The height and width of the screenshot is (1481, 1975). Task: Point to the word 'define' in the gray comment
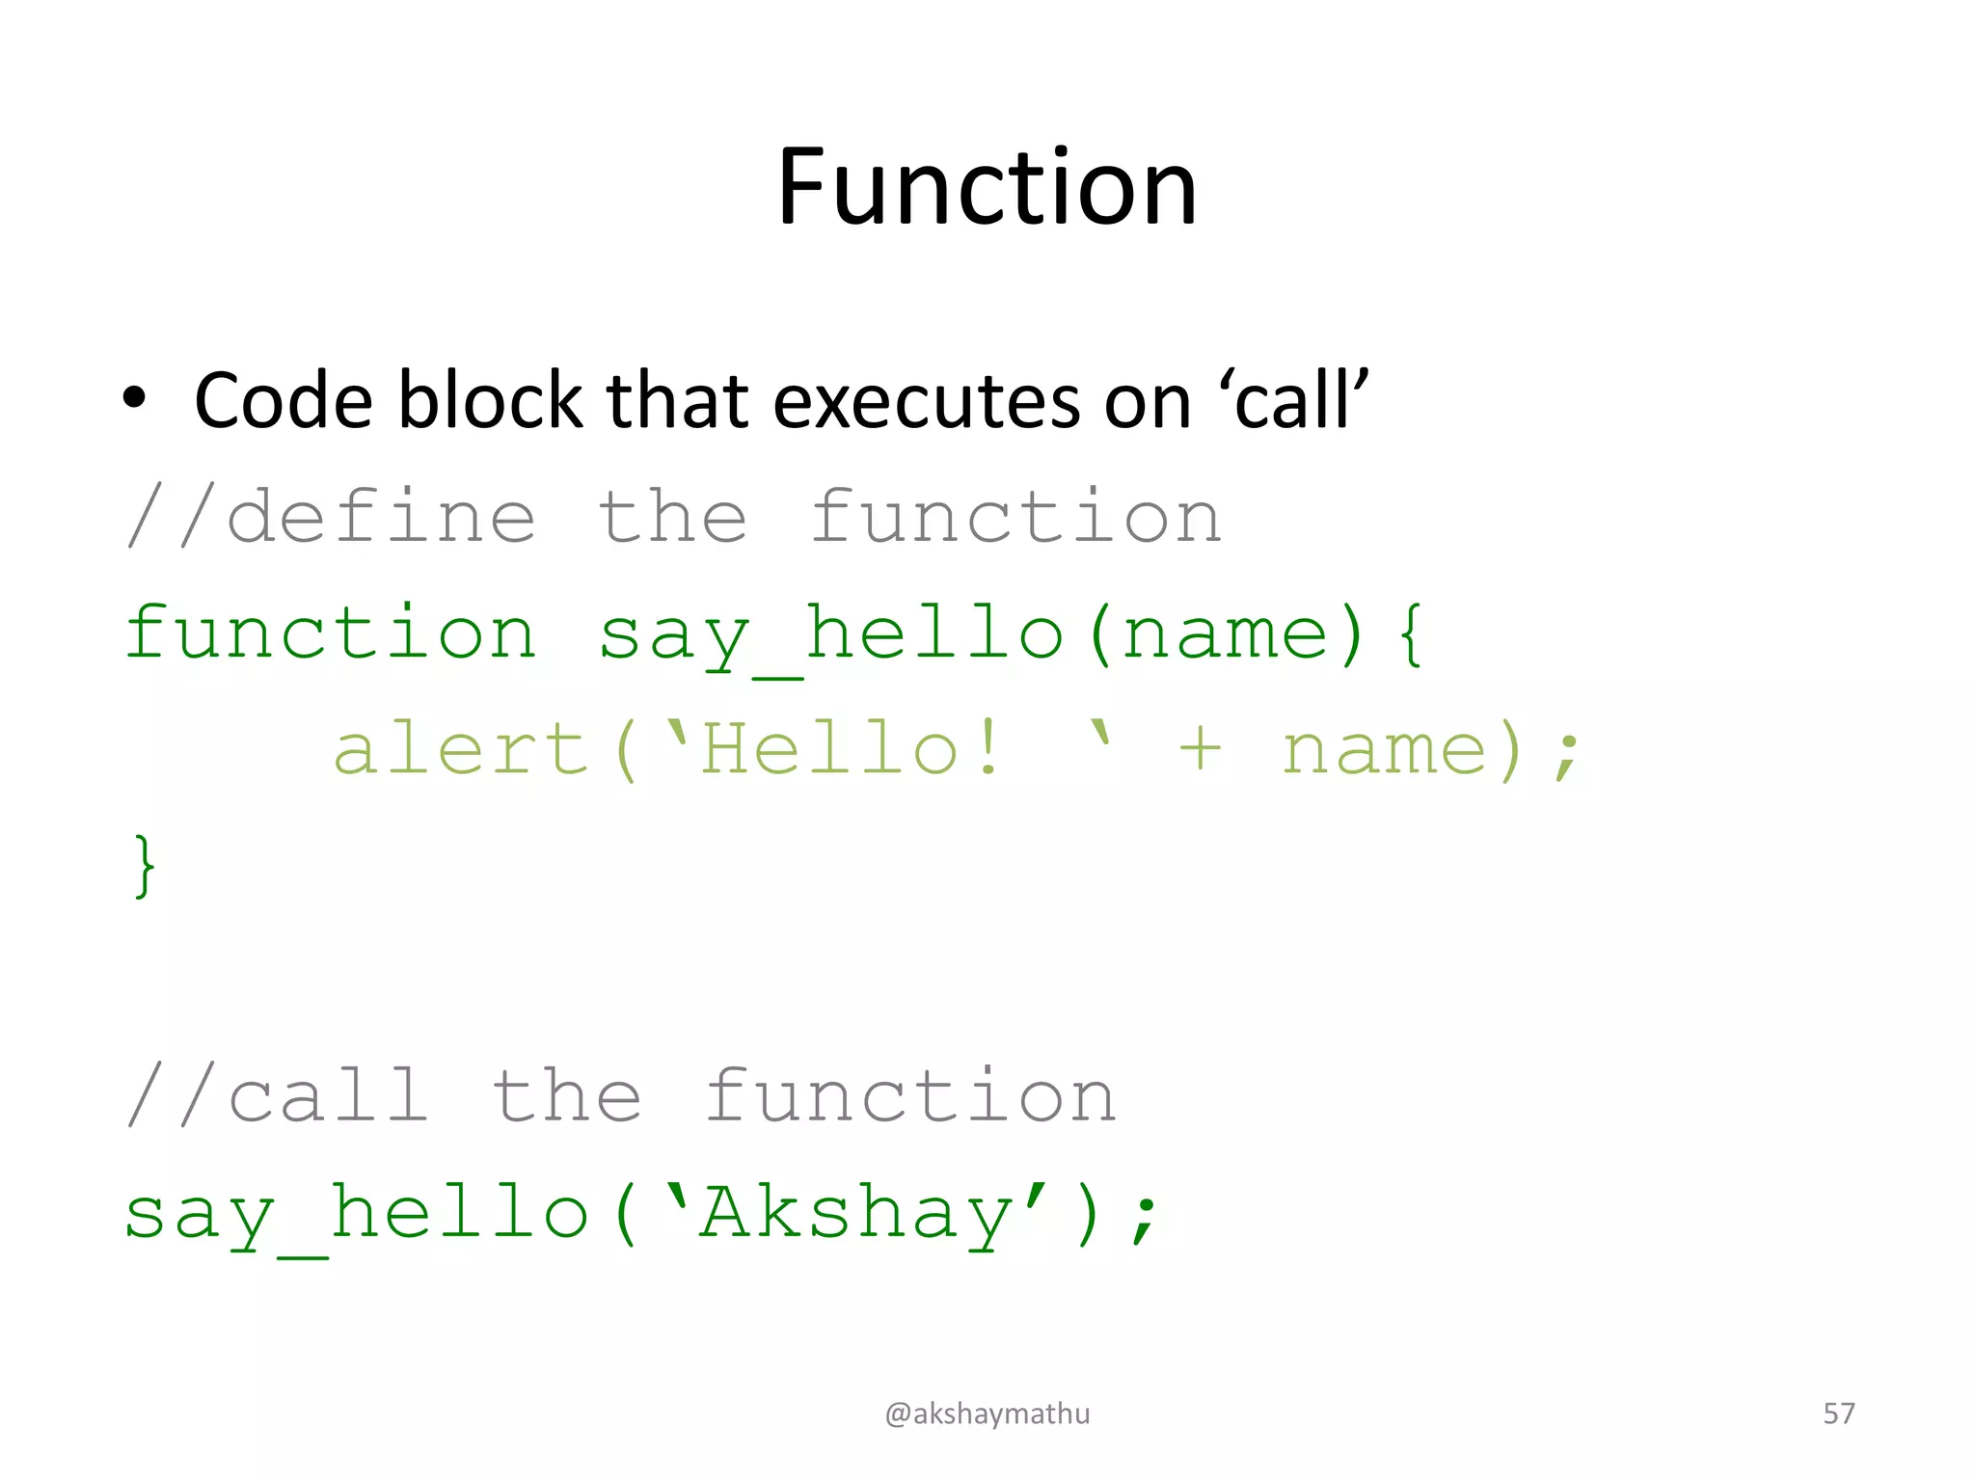click(x=381, y=517)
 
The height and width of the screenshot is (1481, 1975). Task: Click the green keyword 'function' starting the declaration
click(x=330, y=633)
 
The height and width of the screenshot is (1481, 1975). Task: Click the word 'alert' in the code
click(x=460, y=750)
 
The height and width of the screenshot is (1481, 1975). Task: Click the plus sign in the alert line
click(x=1201, y=749)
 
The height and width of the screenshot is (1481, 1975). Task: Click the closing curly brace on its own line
click(x=144, y=866)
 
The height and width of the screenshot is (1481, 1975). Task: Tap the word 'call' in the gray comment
click(x=328, y=1096)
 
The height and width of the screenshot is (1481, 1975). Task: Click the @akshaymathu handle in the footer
click(x=987, y=1414)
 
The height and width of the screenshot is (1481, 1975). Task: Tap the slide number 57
click(x=1838, y=1414)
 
